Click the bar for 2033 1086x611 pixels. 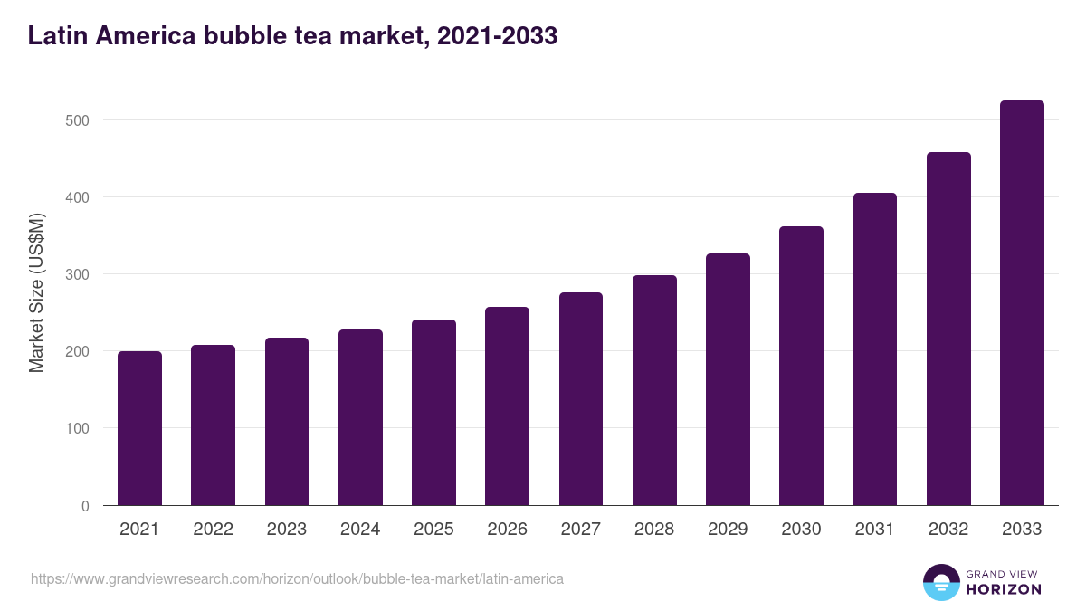(x=1022, y=303)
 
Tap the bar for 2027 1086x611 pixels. (x=581, y=398)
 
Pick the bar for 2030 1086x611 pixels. (x=801, y=366)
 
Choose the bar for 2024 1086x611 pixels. (x=360, y=417)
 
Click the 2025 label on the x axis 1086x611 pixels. (x=433, y=530)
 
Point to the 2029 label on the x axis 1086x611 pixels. (x=728, y=530)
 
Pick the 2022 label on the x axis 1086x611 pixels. (x=213, y=530)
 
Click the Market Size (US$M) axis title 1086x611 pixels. (x=36, y=292)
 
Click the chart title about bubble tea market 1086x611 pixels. (x=292, y=36)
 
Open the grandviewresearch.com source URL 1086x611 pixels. (x=297, y=578)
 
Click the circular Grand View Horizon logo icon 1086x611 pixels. (x=940, y=582)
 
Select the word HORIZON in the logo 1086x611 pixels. (x=1003, y=589)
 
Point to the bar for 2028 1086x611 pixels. (x=654, y=390)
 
